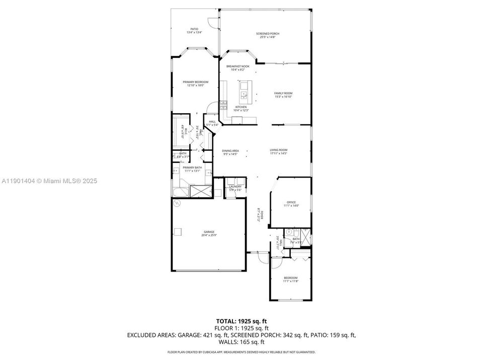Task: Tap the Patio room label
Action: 194,29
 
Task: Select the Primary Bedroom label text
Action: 195,81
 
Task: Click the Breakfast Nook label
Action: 237,66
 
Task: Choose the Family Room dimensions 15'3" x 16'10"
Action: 283,97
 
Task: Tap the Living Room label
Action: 278,150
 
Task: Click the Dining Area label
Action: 230,150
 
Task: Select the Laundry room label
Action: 235,187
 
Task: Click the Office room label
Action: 291,202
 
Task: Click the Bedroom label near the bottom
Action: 290,278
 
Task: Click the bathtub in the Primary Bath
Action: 180,192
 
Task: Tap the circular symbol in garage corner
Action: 177,204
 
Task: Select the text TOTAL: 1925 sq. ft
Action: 242,320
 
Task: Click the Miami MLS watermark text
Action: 49,180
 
